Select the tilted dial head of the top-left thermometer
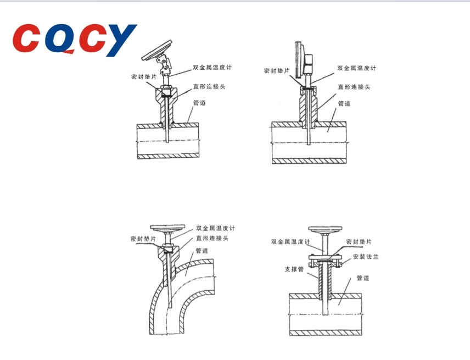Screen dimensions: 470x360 pyautogui.click(x=157, y=50)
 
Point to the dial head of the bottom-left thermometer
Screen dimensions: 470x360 pyautogui.click(x=167, y=228)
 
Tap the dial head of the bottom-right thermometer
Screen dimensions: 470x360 pyautogui.click(x=325, y=229)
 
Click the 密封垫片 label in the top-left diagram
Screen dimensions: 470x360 pyautogui.click(x=144, y=77)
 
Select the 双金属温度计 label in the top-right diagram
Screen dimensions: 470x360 pyautogui.click(x=356, y=68)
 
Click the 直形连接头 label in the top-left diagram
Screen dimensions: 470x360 pyautogui.click(x=209, y=87)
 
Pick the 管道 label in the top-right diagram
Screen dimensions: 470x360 pyautogui.click(x=344, y=104)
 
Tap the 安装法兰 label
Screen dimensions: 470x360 pyautogui.click(x=366, y=257)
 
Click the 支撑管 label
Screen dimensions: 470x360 pyautogui.click(x=294, y=269)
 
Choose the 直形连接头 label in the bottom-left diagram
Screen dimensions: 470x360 pyautogui.click(x=212, y=238)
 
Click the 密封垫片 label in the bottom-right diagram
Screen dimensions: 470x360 pyautogui.click(x=359, y=241)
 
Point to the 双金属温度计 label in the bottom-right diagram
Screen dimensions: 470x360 pyautogui.click(x=290, y=241)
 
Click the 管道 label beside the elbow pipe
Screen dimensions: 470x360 pyautogui.click(x=202, y=251)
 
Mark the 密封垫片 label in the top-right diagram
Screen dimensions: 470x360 pyautogui.click(x=277, y=71)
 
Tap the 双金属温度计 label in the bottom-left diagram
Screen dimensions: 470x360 pyautogui.click(x=216, y=228)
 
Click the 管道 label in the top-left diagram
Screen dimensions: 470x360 pyautogui.click(x=199, y=103)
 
